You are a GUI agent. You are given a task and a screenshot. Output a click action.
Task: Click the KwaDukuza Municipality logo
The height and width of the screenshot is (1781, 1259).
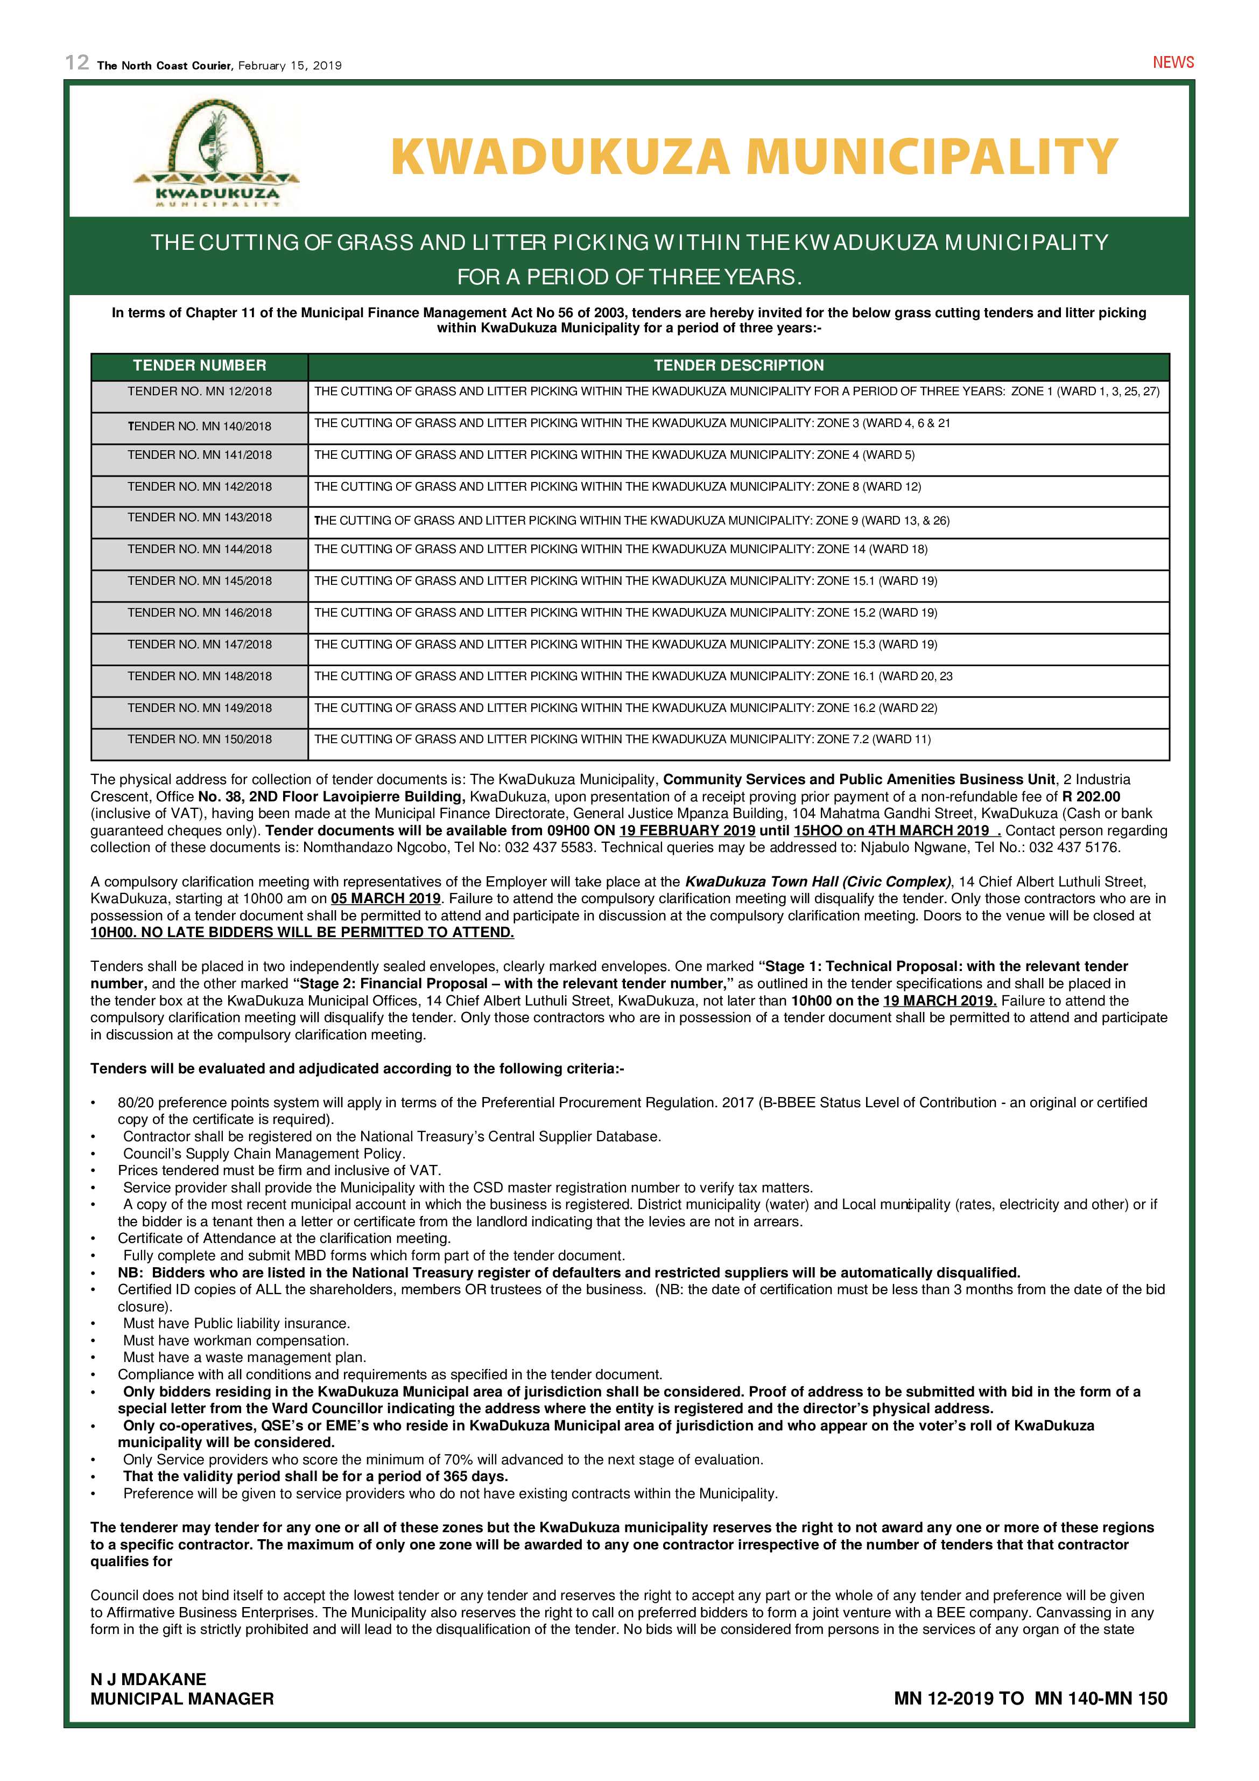pyautogui.click(x=216, y=157)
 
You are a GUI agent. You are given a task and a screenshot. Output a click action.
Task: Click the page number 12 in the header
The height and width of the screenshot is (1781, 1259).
pyautogui.click(x=78, y=63)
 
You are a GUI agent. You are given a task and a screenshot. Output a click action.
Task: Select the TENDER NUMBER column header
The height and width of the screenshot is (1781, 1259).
pyautogui.click(x=199, y=365)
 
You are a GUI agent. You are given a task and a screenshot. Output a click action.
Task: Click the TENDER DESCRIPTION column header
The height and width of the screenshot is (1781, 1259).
pyautogui.click(x=738, y=365)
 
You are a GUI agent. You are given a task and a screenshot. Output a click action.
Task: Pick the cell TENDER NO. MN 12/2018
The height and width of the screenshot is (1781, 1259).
pyautogui.click(x=199, y=392)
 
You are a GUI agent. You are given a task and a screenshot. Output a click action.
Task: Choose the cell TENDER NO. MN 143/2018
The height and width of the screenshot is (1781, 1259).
pyautogui.click(x=199, y=518)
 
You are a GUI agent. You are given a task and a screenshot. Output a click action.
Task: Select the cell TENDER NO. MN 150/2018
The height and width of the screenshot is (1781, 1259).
pyautogui.click(x=199, y=739)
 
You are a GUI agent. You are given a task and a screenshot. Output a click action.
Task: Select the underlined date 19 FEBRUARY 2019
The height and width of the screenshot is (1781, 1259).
pyautogui.click(x=687, y=831)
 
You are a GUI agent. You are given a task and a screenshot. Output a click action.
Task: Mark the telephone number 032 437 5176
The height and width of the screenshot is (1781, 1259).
pyautogui.click(x=1074, y=848)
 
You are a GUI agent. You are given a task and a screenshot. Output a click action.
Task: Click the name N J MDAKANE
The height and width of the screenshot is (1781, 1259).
pyautogui.click(x=148, y=1679)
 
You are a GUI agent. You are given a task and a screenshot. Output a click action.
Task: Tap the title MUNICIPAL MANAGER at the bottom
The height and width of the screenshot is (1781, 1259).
pyautogui.click(x=182, y=1699)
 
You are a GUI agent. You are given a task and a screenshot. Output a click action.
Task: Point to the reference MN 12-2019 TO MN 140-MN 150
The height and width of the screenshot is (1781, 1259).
pyautogui.click(x=1030, y=1699)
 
